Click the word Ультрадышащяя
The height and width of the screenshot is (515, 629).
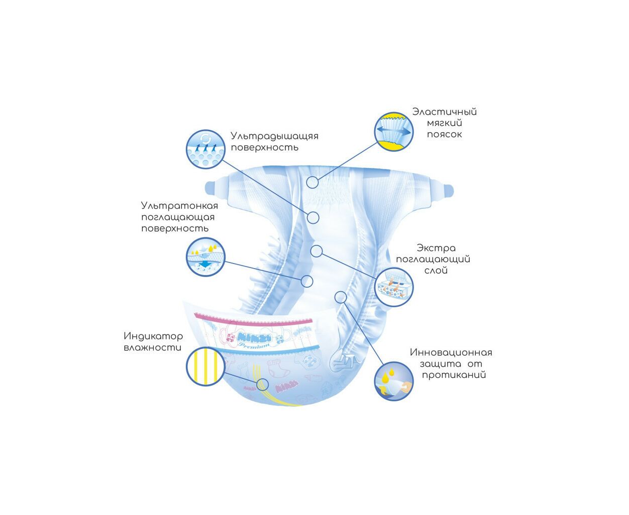click(x=274, y=136)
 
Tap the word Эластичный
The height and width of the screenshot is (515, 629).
click(x=445, y=112)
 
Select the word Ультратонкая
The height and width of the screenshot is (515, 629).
click(x=179, y=206)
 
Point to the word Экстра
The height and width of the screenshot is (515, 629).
click(x=436, y=248)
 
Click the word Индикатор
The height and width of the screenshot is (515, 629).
click(x=153, y=336)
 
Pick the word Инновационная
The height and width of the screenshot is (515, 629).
click(x=451, y=352)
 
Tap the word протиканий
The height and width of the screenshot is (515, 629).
click(x=454, y=375)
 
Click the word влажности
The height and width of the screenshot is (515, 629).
click(x=152, y=348)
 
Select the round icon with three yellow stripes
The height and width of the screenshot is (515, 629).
click(x=205, y=366)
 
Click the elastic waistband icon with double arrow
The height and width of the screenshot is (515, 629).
click(x=394, y=132)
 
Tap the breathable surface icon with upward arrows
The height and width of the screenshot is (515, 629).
click(x=205, y=149)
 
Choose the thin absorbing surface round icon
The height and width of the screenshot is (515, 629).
click(x=205, y=257)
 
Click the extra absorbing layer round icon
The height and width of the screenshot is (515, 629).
click(x=394, y=287)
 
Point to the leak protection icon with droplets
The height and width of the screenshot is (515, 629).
click(x=394, y=381)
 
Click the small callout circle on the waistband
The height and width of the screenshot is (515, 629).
click(x=312, y=182)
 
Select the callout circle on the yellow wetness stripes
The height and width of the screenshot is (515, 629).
click(x=262, y=385)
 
